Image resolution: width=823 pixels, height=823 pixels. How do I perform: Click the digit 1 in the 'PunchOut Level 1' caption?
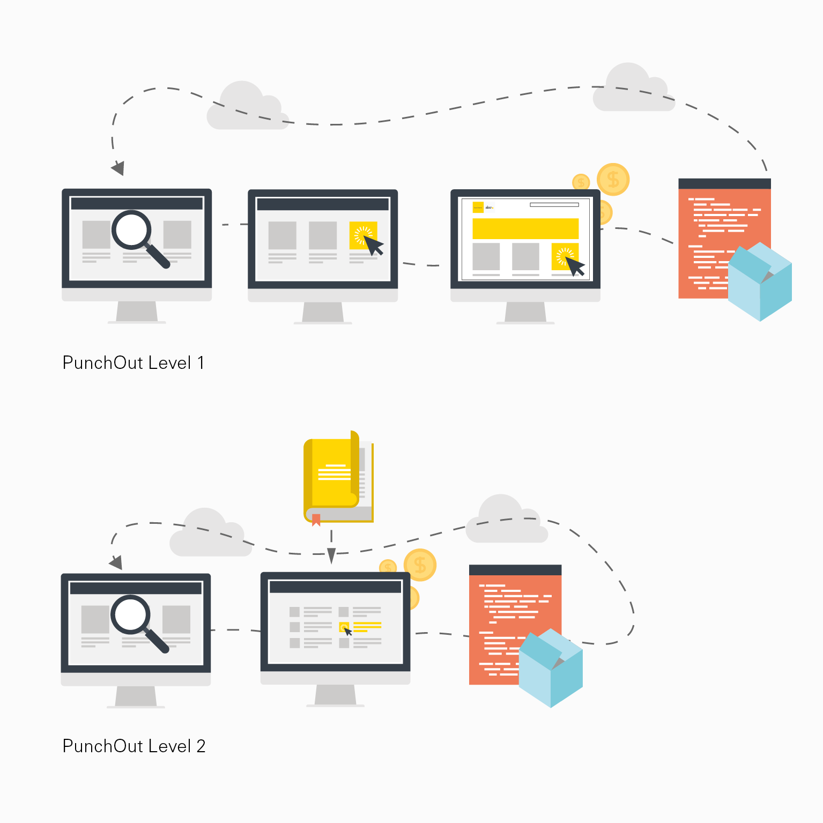click(201, 363)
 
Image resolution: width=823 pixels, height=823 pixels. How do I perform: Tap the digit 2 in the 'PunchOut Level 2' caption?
click(201, 746)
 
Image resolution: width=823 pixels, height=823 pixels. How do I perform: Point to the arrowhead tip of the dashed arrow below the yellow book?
click(331, 564)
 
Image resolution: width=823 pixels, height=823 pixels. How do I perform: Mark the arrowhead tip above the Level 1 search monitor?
click(122, 175)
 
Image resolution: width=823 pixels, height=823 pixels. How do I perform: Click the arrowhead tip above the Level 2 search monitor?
click(121, 569)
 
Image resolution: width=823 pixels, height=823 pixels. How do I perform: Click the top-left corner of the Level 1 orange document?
click(679, 179)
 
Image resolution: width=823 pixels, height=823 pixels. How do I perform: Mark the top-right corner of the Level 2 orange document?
click(561, 565)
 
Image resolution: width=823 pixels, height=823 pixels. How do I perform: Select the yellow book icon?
click(338, 477)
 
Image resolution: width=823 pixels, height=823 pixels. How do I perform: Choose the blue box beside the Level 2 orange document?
click(551, 668)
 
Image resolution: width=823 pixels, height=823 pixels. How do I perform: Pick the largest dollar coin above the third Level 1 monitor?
click(613, 180)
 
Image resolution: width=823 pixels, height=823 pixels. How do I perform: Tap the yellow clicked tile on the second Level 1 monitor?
click(363, 235)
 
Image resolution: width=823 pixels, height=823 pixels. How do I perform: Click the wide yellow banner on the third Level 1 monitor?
click(525, 228)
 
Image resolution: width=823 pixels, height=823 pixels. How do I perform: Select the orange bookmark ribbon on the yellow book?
click(316, 520)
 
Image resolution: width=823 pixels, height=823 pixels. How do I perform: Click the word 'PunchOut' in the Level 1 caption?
click(103, 363)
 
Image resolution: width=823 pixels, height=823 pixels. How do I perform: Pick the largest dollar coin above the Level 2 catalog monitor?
click(420, 565)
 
